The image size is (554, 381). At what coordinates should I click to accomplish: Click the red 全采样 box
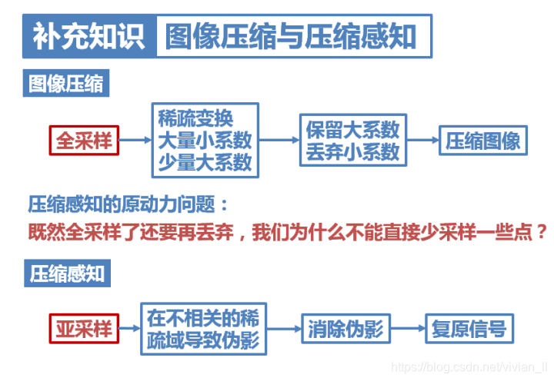84,141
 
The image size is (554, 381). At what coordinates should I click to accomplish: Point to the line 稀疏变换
195,119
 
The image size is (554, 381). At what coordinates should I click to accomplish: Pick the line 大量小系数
204,141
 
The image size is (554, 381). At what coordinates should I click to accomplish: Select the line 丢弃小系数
352,151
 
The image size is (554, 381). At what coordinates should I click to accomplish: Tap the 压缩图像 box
483,141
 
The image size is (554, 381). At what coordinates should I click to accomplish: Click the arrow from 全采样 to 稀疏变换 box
135,141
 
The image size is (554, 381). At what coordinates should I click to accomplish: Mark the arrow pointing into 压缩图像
422,141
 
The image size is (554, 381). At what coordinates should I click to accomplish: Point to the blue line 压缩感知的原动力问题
128,204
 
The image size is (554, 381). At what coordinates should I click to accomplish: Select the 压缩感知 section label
66,273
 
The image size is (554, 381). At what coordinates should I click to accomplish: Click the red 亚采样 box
84,330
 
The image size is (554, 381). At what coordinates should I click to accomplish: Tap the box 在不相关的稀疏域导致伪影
203,330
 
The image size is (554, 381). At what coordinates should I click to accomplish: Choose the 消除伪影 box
345,330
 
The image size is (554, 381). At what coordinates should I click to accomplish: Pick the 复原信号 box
469,330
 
